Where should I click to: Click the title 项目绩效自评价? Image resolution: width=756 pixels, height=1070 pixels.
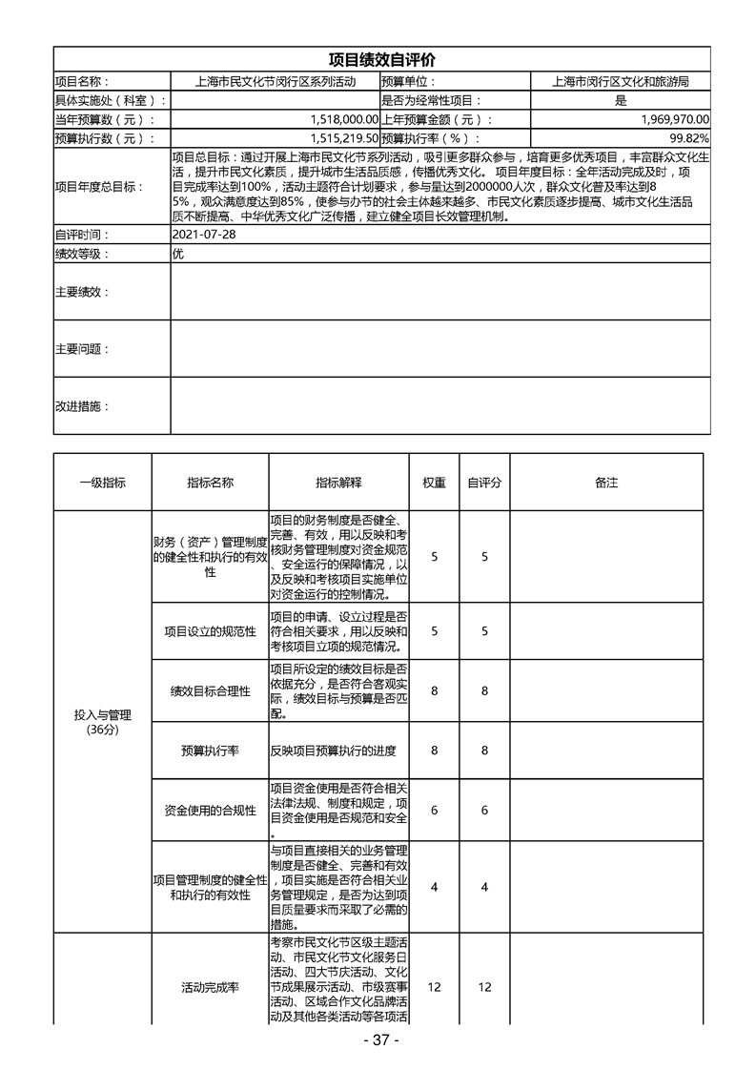(x=380, y=60)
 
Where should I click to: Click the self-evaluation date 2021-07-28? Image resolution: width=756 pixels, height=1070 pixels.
(x=203, y=235)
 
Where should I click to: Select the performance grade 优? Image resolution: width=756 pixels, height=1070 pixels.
(x=177, y=254)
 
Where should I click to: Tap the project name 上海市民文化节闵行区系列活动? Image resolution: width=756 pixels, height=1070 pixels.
(x=275, y=82)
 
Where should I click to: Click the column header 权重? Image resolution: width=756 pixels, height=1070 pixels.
(x=434, y=483)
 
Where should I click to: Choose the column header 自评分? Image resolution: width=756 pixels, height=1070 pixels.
(x=484, y=483)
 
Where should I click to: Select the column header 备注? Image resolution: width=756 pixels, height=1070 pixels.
(x=606, y=483)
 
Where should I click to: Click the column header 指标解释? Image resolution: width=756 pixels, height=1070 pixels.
(x=338, y=483)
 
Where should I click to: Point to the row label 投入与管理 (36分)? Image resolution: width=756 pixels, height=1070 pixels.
(x=102, y=721)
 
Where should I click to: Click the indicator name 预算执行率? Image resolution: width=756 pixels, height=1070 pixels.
(x=210, y=751)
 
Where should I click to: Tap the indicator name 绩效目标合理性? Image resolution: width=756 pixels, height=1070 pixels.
(x=210, y=690)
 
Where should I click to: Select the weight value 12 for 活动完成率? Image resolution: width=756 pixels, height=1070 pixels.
(x=434, y=987)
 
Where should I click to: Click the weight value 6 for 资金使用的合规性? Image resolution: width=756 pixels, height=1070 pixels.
(x=434, y=810)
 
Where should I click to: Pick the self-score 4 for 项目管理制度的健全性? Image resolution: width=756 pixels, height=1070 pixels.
(x=484, y=887)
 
